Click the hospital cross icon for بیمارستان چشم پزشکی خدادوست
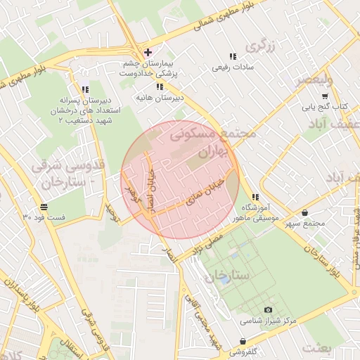[x=147, y=52]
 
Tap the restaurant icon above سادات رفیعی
[x=232, y=56]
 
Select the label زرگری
[x=257, y=46]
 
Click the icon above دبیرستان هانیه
[x=160, y=86]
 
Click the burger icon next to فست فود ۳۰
[x=44, y=207]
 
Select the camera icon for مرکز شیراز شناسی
[x=267, y=309]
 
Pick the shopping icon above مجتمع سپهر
[x=304, y=212]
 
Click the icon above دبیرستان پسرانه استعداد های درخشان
[x=85, y=89]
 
